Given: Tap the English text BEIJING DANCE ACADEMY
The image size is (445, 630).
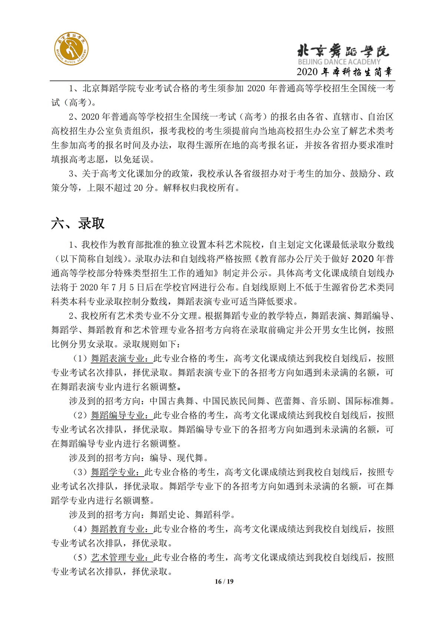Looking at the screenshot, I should coord(339,62).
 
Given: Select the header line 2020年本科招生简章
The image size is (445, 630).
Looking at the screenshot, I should coord(345,72).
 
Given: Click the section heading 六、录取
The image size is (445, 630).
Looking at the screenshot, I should coord(78,223).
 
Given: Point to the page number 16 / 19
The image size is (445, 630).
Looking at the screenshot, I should coord(224,581).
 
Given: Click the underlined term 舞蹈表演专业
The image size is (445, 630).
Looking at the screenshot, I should coord(122,358).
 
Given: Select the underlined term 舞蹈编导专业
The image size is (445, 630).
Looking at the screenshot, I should coord(122,415).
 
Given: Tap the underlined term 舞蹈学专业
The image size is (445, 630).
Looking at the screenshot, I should coord(117,472).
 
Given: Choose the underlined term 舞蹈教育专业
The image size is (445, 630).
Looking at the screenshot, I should coord(122,529).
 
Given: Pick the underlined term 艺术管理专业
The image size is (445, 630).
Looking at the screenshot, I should coord(122,557).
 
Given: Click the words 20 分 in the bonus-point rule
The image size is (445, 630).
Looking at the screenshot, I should coord(144,188).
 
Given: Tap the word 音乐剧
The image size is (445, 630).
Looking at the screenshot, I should coord(323,401).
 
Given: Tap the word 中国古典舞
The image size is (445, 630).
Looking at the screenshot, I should coord(172,401).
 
